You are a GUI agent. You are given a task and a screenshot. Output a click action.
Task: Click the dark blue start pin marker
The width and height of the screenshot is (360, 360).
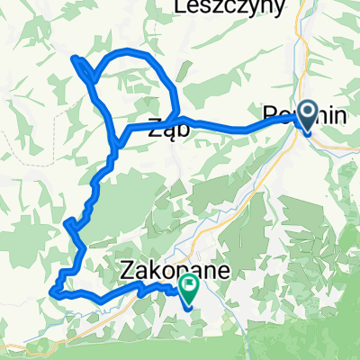tap(307, 116)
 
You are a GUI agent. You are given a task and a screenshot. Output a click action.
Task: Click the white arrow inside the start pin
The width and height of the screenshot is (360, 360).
tap(307, 113)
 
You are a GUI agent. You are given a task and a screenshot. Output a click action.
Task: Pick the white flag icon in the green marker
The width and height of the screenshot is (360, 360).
tap(190, 287)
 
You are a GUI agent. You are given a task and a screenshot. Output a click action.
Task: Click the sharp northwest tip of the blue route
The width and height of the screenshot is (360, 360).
tap(74, 58)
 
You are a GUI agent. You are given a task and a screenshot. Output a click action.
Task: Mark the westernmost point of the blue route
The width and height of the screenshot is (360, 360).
tap(52, 292)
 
